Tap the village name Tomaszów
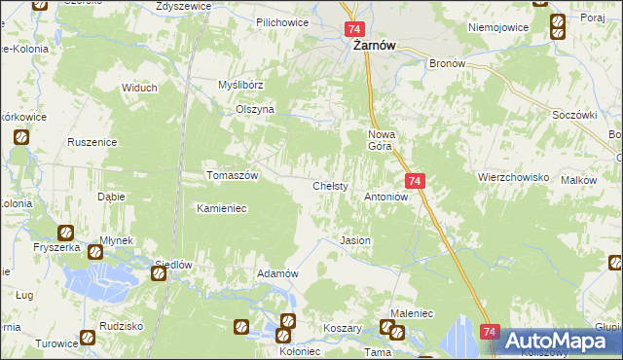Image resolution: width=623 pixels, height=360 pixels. tap(232, 175)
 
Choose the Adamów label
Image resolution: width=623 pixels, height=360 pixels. tap(276, 273)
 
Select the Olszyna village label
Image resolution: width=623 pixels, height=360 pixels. tap(255, 110)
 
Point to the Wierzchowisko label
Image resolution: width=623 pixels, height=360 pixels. tap(514, 178)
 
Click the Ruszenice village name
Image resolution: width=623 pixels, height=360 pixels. tap(92, 142)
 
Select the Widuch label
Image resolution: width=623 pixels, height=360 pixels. tap(139, 88)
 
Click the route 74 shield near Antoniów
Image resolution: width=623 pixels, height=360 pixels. tap(415, 181)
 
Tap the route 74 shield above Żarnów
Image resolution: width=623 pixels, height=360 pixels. tap(353, 30)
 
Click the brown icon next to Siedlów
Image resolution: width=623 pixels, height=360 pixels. tap(158, 274)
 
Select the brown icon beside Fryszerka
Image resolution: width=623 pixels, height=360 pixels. tap(65, 233)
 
